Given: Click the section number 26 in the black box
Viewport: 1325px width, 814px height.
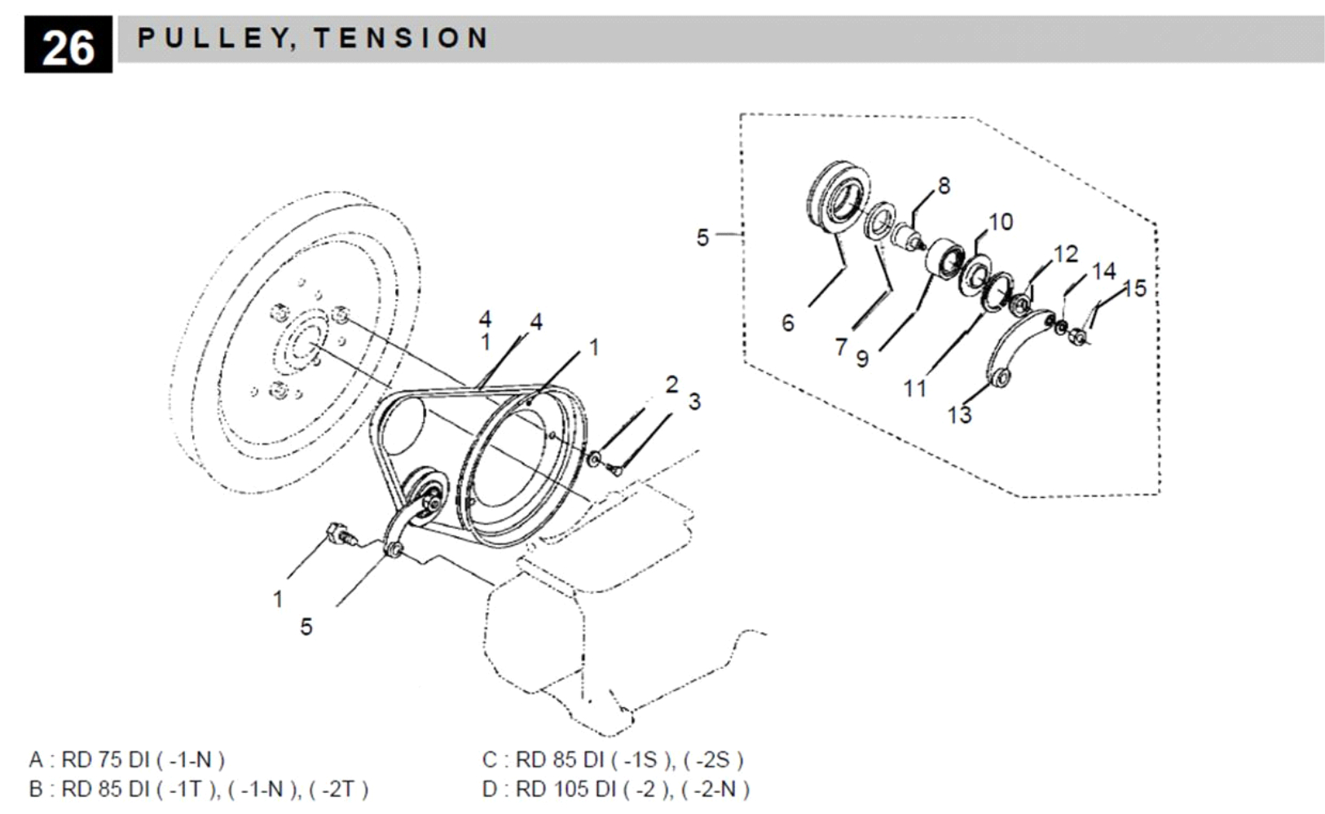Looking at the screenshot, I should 68,46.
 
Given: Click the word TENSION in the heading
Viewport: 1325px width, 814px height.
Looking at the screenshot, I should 401,37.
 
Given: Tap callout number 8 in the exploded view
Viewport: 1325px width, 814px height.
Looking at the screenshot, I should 943,186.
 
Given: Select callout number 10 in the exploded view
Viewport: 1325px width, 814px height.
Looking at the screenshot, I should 1000,222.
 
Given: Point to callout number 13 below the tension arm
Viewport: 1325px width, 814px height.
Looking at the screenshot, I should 959,415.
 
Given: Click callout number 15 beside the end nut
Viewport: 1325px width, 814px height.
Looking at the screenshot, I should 1134,288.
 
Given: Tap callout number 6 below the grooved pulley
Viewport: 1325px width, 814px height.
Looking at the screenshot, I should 787,323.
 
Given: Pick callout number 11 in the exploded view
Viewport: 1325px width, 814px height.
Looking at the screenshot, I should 914,389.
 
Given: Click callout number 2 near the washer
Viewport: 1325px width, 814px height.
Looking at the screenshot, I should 671,385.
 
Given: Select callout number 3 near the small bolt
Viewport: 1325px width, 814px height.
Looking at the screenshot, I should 694,402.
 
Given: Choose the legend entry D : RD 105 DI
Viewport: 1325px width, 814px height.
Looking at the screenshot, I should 615,789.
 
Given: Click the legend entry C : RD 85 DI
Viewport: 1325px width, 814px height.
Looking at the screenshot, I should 612,759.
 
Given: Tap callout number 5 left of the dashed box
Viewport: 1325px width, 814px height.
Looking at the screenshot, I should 702,237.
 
